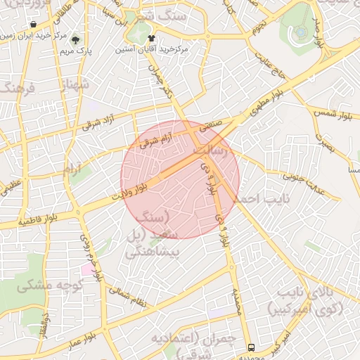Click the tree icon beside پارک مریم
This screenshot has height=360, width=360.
[75, 39]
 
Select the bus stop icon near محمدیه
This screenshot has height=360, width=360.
[251, 348]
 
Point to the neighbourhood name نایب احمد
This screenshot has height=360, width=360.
[261, 199]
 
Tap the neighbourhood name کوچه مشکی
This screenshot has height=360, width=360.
[50, 285]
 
